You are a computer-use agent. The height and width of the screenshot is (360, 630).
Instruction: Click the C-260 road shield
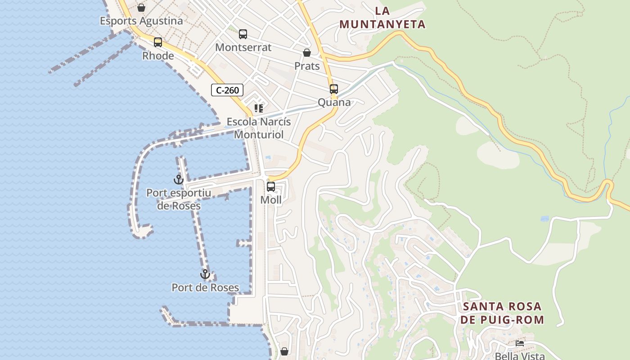point(227,90)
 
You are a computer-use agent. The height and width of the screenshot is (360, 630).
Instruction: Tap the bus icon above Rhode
point(158,42)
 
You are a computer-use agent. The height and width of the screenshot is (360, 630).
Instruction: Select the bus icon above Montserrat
point(243,34)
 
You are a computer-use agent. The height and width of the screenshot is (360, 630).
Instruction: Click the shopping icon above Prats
point(307,53)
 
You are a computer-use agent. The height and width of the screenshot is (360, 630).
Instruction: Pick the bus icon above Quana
point(334,89)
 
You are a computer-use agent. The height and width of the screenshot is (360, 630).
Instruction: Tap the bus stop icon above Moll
point(271,186)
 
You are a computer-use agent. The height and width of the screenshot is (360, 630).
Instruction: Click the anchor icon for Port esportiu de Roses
point(179,180)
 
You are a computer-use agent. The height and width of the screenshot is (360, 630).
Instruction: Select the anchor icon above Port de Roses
point(205,274)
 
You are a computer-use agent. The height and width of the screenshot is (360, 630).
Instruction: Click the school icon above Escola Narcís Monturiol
point(259,108)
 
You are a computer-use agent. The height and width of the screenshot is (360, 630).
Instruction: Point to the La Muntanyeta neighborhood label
point(382,18)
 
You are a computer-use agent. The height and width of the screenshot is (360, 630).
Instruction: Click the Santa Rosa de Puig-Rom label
point(502,313)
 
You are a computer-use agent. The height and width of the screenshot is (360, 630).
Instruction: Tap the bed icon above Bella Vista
point(520,343)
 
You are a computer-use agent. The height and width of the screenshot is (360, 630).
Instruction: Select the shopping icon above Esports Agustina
point(141,8)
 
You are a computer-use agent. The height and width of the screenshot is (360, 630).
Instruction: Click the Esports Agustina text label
point(141,21)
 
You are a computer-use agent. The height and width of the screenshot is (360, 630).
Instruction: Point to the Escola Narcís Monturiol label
point(259,128)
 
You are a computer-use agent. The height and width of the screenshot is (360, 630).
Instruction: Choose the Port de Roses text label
point(205,288)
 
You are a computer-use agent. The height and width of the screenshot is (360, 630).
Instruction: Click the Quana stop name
point(334,103)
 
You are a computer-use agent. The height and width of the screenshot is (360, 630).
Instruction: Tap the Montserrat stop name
point(243,47)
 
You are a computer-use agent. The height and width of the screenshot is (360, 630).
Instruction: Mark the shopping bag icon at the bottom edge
point(284,351)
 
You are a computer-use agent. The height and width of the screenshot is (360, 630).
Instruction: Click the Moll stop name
point(271,200)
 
